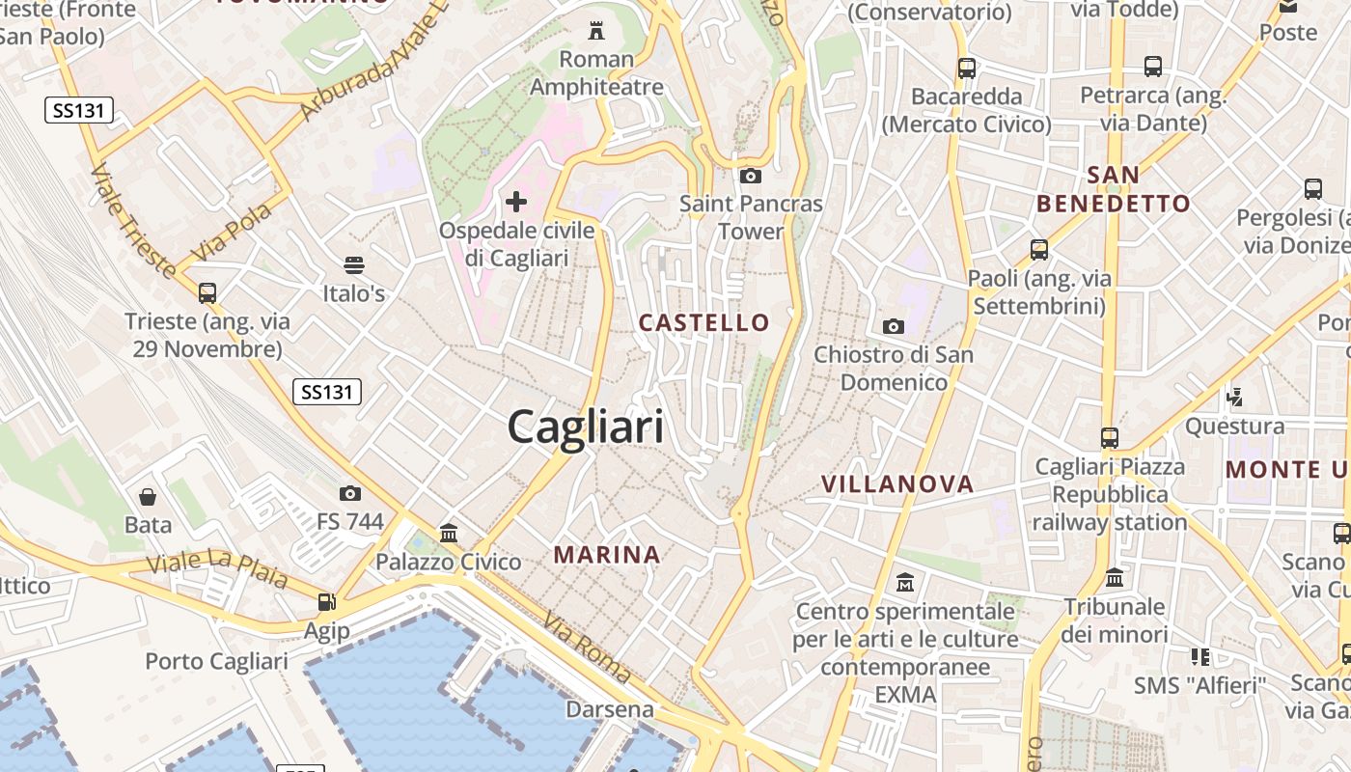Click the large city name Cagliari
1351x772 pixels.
[x=586, y=427]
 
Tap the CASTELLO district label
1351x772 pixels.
[x=704, y=323]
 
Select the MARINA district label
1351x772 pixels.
[x=607, y=555]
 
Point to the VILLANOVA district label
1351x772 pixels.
[x=897, y=484]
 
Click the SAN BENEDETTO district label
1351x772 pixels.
[x=1114, y=189]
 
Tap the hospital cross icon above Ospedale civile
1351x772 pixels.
[x=516, y=202]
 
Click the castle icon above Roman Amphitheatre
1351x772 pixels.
[x=596, y=31]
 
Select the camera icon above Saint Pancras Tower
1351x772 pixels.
[x=751, y=176]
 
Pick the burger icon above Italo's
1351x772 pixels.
[x=353, y=264]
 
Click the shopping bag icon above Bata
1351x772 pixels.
[x=148, y=497]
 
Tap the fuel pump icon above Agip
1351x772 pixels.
[x=327, y=602]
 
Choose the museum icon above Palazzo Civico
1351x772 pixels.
[x=449, y=533]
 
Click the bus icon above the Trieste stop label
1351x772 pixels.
[x=207, y=292]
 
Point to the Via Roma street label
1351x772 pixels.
[x=586, y=648]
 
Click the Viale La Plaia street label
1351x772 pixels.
[x=217, y=567]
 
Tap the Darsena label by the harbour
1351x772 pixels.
[x=609, y=709]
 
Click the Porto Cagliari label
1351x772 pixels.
[x=216, y=661]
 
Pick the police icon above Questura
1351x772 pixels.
[x=1234, y=396]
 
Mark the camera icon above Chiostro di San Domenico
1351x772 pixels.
[x=894, y=326]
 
